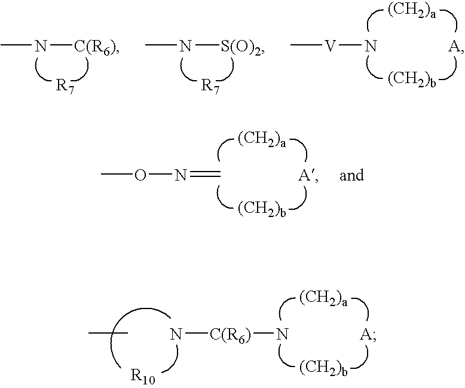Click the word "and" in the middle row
pos(351,175)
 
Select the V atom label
pos(330,47)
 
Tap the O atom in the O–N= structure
pos(140,175)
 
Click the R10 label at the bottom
pos(143,377)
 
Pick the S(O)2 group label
pos(242,47)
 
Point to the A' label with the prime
pos(307,175)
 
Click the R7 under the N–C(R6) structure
pos(65,86)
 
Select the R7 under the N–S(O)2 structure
pos(210,86)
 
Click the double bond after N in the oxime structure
pos(205,175)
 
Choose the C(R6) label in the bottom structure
pos(231,335)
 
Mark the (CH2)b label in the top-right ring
pos(412,79)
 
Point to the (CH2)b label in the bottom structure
pos(323,368)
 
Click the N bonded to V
pos(371,47)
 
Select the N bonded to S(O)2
pos(186,47)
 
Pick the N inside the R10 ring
pos(176,335)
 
